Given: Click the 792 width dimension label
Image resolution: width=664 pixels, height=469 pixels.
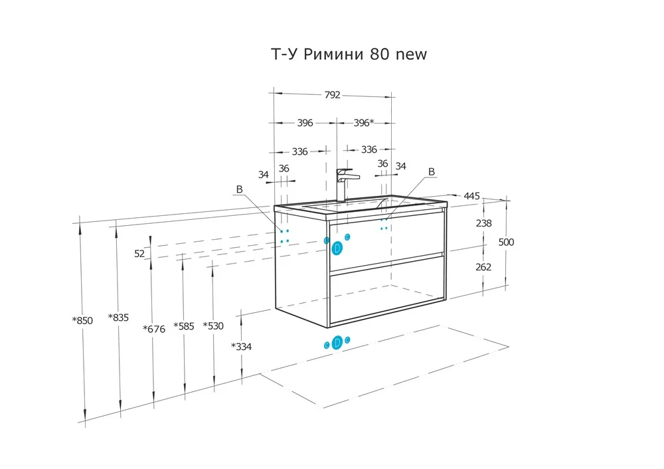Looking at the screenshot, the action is [333, 95].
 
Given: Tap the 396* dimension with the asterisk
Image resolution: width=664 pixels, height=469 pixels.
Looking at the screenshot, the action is [364, 122].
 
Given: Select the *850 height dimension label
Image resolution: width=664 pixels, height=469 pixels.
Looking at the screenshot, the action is [82, 320].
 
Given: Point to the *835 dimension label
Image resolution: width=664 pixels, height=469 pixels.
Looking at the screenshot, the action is [118, 318].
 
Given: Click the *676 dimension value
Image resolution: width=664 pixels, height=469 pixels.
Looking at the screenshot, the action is [154, 329].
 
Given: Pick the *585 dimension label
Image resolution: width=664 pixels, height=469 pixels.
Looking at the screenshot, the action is [184, 326].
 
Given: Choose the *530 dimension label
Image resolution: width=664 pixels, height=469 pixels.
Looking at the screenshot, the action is [213, 326].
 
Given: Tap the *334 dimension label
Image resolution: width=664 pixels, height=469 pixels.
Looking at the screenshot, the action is [242, 347].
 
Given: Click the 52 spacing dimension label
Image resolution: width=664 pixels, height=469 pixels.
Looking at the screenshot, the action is [139, 253].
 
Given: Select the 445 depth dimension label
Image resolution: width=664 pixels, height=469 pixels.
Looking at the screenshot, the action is [471, 196].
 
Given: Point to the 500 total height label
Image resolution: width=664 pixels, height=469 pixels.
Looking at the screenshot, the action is [506, 242].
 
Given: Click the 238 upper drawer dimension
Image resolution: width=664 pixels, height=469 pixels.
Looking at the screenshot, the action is [483, 223].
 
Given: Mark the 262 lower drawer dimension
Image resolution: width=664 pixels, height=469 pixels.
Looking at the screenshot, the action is [483, 267].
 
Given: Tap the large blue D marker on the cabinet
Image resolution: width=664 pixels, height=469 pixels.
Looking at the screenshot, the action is [337, 248].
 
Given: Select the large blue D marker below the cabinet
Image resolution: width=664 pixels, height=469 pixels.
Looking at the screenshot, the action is [337, 342].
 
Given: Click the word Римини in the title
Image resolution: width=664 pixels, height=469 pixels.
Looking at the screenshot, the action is [334, 54].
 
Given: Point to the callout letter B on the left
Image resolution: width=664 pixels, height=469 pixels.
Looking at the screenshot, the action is [239, 189].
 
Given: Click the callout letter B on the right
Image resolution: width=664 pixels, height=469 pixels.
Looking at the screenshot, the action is [432, 171].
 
